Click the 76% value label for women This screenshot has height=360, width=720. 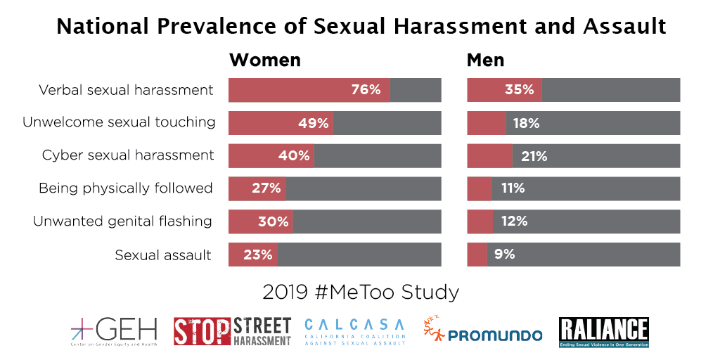pos(366,90)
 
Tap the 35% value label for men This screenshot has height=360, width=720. pos(519,90)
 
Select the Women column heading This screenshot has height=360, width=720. pos(265,60)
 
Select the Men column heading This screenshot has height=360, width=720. pos(486,60)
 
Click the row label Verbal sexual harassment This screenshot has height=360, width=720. pos(126,90)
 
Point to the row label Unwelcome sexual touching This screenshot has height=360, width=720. pos(119,122)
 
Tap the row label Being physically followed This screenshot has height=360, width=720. pos(125,188)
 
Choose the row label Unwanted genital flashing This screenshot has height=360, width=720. pos(122,221)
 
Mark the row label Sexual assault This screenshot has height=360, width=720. pos(163,255)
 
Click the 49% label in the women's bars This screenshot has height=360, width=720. pos(314,123)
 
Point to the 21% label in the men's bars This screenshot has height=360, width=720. pos(534,156)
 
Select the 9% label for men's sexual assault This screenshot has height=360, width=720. pos(504,255)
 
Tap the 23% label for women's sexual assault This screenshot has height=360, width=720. pos(257,255)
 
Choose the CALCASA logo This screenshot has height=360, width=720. pos(355,331)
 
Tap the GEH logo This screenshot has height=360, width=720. pos(113,331)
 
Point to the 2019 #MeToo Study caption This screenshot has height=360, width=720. pos(360,291)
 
